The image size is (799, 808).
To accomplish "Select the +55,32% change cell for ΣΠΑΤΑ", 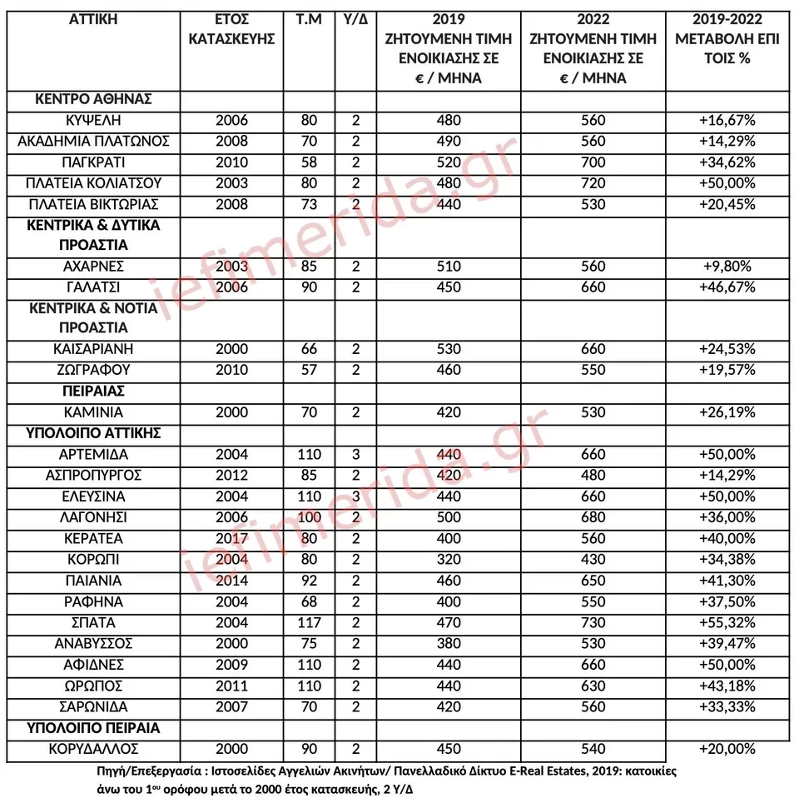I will click(x=727, y=623).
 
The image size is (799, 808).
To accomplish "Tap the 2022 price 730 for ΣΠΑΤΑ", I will click(x=593, y=623).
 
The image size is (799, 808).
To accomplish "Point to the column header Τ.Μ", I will click(x=309, y=19).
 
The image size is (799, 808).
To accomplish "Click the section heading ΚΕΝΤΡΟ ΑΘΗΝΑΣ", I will click(x=93, y=99).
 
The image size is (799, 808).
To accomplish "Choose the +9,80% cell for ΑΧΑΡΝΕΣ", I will click(x=727, y=267).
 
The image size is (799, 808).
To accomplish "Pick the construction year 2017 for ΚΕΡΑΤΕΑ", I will click(x=231, y=538).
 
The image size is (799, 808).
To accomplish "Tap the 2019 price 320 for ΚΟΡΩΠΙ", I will click(x=448, y=560).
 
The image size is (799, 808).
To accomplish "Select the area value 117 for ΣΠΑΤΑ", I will click(x=309, y=623).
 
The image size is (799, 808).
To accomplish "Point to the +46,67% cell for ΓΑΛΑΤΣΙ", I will click(x=727, y=287).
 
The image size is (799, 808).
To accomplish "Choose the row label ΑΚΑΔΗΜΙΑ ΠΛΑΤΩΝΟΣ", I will click(x=93, y=142).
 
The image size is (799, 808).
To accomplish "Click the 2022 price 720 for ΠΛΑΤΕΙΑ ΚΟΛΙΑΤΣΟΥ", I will click(x=593, y=183).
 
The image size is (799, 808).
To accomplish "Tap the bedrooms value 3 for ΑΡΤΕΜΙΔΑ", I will click(x=355, y=455).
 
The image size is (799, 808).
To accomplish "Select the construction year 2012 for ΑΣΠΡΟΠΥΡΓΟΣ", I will click(x=231, y=476).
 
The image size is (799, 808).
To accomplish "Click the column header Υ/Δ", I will click(x=355, y=19).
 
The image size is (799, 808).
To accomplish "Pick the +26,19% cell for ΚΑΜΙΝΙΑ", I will click(x=727, y=412).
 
